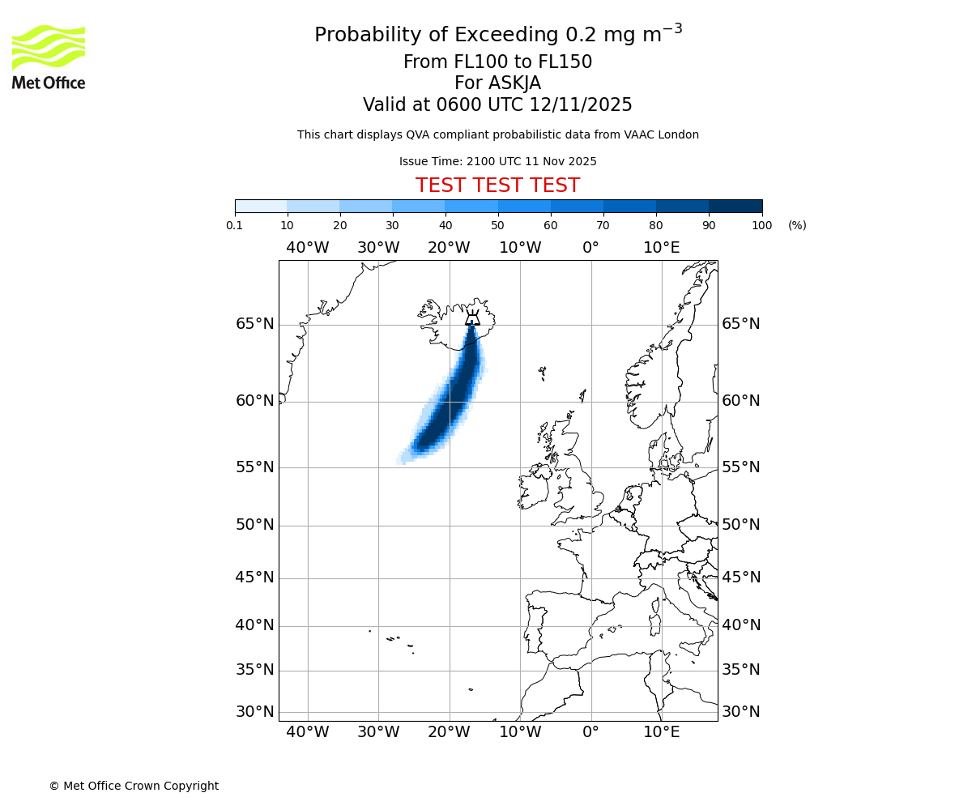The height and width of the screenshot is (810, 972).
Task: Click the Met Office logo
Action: click(x=49, y=57)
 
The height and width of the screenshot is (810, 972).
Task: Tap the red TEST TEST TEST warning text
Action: click(x=497, y=185)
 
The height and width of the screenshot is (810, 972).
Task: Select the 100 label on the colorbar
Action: click(x=761, y=225)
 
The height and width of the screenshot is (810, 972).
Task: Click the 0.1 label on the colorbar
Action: click(x=235, y=225)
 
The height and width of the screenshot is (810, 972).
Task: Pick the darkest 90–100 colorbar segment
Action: click(x=735, y=206)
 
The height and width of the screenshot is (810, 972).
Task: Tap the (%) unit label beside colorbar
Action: click(x=797, y=225)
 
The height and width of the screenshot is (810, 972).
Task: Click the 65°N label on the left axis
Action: click(x=255, y=324)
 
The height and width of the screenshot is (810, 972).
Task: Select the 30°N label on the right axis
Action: click(x=741, y=712)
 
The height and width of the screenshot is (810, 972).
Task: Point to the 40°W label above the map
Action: click(x=308, y=248)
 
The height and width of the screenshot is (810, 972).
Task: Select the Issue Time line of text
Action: click(x=497, y=161)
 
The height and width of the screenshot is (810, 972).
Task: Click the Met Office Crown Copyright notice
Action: click(x=134, y=786)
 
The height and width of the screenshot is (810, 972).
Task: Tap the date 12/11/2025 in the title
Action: click(x=581, y=105)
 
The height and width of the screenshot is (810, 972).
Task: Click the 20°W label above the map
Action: click(x=449, y=248)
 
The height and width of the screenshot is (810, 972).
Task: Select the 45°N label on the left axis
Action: click(x=255, y=578)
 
